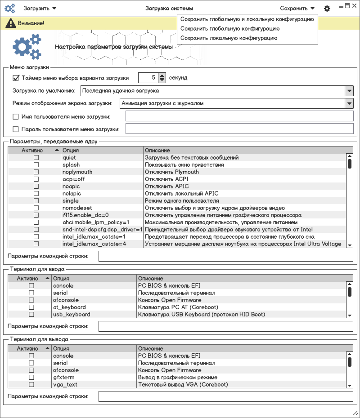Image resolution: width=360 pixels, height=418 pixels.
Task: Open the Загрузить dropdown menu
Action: (x=40, y=9)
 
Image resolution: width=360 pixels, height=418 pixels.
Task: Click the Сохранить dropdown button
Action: (x=297, y=9)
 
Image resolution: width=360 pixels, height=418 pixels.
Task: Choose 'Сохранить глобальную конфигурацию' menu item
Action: (x=229, y=29)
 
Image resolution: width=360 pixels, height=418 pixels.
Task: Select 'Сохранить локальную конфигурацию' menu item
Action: (x=229, y=38)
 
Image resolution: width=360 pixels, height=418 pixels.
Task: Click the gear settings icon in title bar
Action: (x=327, y=9)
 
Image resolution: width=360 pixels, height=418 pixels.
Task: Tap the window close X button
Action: (x=354, y=6)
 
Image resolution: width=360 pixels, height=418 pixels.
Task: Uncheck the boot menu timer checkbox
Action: (x=16, y=78)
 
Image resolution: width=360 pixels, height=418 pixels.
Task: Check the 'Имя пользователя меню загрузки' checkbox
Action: (x=16, y=117)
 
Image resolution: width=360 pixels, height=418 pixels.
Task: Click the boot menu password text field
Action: (x=239, y=129)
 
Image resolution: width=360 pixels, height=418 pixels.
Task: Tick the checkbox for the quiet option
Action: (x=36, y=158)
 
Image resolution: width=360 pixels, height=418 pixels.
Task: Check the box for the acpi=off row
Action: (x=36, y=179)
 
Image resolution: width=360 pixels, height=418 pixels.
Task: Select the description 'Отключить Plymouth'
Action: (x=171, y=172)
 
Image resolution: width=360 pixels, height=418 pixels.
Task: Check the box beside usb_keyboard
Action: (x=31, y=315)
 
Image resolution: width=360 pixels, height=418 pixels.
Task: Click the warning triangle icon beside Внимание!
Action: (x=8, y=23)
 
